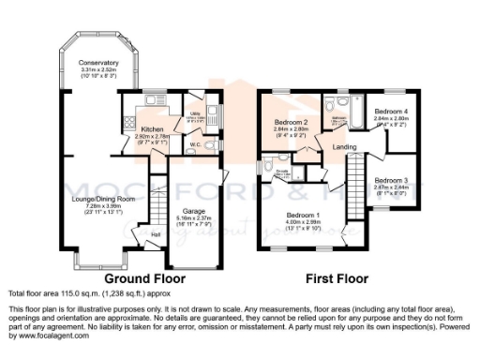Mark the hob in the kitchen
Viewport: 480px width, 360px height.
(128, 123)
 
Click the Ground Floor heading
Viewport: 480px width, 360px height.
(144, 278)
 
